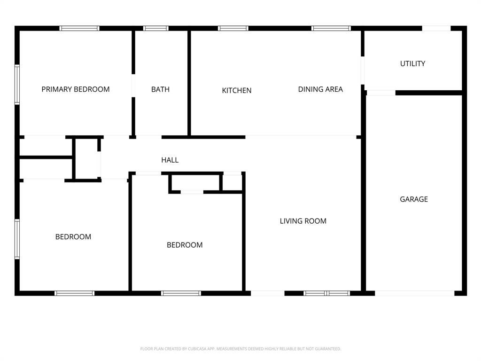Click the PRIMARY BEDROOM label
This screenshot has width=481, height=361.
point(76,89)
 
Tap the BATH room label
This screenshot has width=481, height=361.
point(161,89)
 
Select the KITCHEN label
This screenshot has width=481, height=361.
point(237,91)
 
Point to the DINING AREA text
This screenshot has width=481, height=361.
point(320,89)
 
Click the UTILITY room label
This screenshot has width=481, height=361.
point(412,63)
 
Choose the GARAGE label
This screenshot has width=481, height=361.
point(414,199)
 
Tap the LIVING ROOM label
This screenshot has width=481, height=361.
point(303,221)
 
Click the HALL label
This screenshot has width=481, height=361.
point(170,160)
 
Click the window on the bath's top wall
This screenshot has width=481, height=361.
point(156,29)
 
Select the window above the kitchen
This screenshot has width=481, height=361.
point(233,29)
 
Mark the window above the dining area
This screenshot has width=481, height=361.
point(331,29)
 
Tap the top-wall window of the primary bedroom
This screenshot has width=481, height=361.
point(79,29)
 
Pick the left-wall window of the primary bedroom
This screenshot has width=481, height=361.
point(17,85)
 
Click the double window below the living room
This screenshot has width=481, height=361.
point(327,293)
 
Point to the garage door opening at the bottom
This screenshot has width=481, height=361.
point(414,293)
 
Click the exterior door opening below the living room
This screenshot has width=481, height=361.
point(268,293)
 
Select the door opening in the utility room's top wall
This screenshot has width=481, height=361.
point(436,29)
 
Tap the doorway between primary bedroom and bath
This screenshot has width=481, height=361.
point(133,86)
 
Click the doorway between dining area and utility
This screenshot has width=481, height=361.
point(363,71)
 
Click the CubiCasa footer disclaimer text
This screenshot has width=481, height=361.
point(240,349)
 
